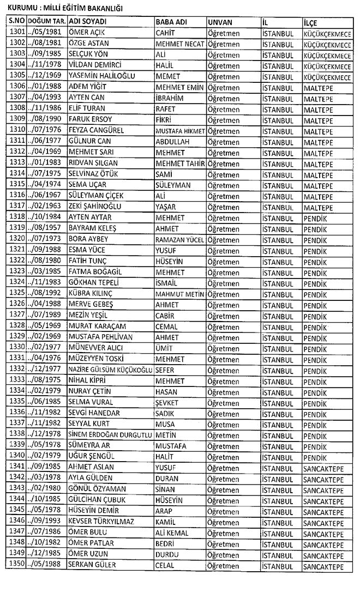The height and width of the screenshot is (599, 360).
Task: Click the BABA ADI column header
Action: point(172,21)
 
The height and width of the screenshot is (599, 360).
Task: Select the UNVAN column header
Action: point(220,21)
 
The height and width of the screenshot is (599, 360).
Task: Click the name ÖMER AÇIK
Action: point(87,32)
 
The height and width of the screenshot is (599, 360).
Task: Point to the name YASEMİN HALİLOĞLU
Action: point(101,75)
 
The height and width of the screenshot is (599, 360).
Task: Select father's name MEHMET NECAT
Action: point(179,43)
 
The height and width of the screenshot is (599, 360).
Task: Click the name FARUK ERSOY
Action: point(90,119)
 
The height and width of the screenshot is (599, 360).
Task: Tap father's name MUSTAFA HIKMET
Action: point(179,131)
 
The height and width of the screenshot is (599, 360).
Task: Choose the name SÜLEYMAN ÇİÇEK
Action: point(96,196)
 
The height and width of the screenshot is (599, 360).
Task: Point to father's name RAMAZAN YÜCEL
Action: point(179,239)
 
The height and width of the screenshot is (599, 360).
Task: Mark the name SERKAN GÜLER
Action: point(92,565)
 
